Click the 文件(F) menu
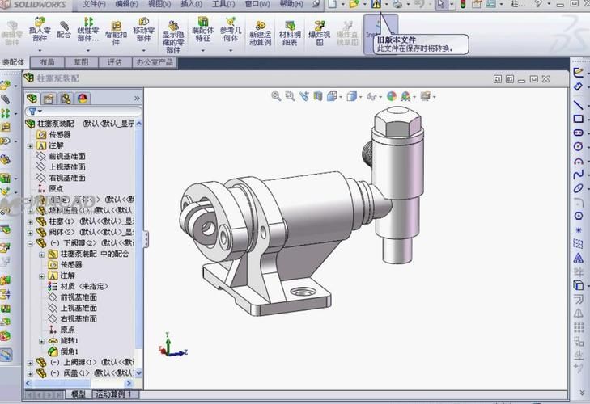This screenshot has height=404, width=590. click(x=95, y=4)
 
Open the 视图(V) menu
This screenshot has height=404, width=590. click(x=159, y=4)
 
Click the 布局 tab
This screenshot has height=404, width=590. click(x=48, y=62)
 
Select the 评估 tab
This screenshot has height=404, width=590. click(x=114, y=62)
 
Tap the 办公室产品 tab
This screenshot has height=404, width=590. click(x=155, y=62)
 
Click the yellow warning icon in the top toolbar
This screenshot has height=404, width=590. click(x=376, y=5)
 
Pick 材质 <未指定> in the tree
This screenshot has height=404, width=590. click(x=83, y=286)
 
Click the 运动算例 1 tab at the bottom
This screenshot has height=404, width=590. click(x=111, y=394)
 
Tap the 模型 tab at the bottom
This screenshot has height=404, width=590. click(x=78, y=394)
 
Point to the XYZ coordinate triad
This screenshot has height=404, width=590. click(x=172, y=347)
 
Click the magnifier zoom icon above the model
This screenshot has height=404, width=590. click(x=276, y=96)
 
